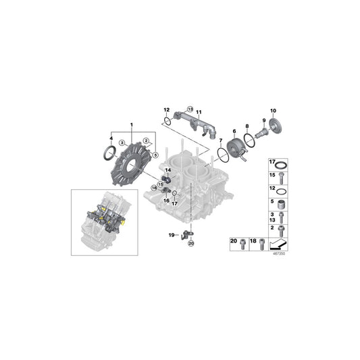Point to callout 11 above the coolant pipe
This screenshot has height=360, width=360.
pos(199,111)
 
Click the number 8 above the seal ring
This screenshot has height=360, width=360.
pos(247,127)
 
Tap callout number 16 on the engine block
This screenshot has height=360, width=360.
pos(165,201)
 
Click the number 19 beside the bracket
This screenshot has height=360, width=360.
pos(172,235)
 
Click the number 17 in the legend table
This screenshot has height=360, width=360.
pos(273,163)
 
